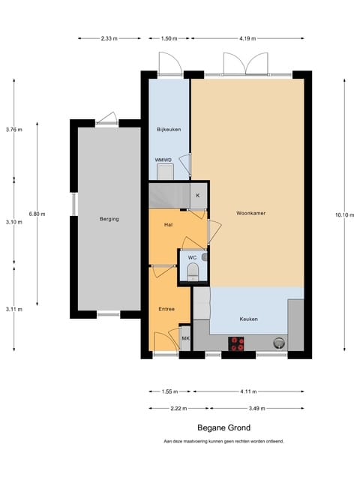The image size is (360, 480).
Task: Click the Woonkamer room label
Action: [250, 213]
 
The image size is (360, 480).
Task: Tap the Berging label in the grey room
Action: [109, 219]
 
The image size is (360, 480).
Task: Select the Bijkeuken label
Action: [169, 130]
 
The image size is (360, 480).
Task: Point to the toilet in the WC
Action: [193, 272]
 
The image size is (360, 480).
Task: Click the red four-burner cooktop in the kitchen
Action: [236, 343]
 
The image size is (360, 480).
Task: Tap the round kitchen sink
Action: [278, 343]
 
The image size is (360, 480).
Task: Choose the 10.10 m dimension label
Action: [344, 215]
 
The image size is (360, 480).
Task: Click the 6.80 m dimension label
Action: [37, 214]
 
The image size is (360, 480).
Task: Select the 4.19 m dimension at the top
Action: [247, 38]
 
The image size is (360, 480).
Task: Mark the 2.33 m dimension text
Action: [109, 38]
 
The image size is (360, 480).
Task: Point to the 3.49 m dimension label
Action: [256, 408]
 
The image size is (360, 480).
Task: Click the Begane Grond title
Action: [223, 427]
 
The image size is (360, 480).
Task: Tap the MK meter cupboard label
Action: [185, 338]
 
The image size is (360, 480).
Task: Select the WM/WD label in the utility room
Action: [163, 160]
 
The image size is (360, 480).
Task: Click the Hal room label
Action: [168, 225]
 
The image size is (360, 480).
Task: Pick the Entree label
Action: [166, 309]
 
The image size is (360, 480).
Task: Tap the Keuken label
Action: [248, 319]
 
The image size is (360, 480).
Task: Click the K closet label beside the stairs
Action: [198, 196]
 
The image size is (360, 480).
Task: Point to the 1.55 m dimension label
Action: [169, 391]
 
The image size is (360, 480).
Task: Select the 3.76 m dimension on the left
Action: [13, 130]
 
